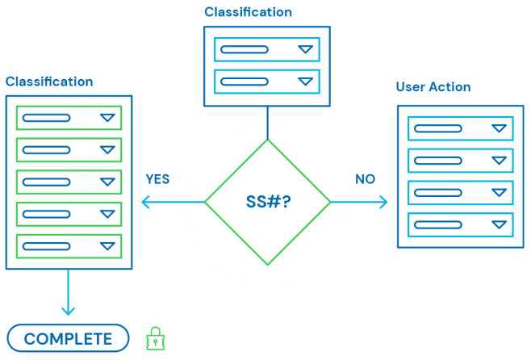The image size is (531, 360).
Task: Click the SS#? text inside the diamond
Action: (x=268, y=202)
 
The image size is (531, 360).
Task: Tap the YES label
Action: (x=157, y=179)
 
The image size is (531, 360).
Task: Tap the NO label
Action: (x=365, y=179)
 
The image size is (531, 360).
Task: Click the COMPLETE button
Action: (x=69, y=338)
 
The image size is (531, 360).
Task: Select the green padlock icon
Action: (x=155, y=339)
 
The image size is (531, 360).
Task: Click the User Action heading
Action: (x=433, y=87)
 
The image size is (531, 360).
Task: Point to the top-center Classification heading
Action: (x=248, y=12)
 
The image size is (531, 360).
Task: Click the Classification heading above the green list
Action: (x=49, y=82)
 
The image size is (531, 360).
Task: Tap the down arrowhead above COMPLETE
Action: (x=68, y=310)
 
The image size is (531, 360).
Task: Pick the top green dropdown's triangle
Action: (x=107, y=118)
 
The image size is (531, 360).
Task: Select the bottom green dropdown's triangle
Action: (x=107, y=246)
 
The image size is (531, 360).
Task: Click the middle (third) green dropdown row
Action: (x=69, y=182)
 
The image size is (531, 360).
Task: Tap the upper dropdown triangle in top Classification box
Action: (x=304, y=49)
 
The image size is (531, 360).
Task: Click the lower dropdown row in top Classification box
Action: (x=267, y=82)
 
